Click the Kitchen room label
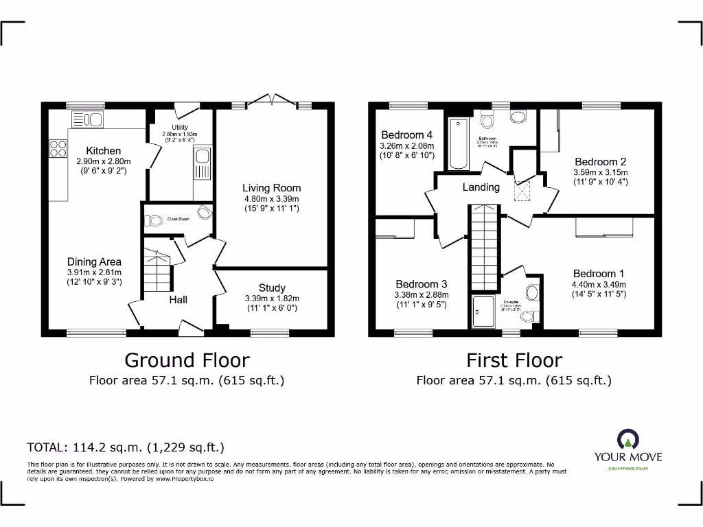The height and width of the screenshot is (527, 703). pos(104,151)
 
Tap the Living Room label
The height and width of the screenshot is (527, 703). pos(271,187)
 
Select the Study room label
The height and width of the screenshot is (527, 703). pos(272,288)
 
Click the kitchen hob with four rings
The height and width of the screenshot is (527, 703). pos(58,149)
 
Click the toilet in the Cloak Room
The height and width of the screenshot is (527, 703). pos(154,220)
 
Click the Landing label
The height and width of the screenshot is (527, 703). pos(481,187)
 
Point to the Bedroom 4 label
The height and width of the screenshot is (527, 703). pos(407,134)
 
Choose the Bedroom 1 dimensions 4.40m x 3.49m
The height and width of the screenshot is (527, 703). pos(599,285)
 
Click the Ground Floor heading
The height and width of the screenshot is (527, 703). pos(187,360)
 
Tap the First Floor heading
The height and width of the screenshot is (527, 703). pos(514,360)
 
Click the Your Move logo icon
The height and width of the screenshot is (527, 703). pos(625,440)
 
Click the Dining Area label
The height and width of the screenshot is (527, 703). pos(94,261)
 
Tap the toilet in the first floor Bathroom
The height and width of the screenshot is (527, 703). pos(488,121)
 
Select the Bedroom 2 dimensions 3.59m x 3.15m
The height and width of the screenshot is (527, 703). pos(601,172)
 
